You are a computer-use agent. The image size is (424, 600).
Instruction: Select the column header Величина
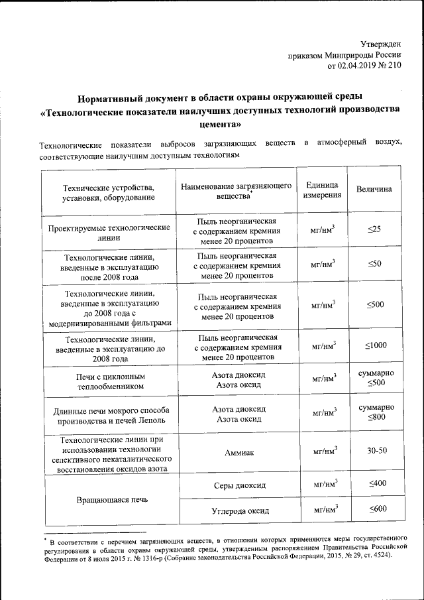[x=374, y=190]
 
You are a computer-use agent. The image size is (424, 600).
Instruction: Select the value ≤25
[x=374, y=229]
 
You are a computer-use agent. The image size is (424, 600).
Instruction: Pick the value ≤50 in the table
[x=374, y=264]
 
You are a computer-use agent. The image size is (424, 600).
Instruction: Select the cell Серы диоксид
[x=237, y=485]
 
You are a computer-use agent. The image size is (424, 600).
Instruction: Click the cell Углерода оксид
[x=237, y=510]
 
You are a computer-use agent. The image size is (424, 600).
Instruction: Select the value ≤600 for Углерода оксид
[x=376, y=509]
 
